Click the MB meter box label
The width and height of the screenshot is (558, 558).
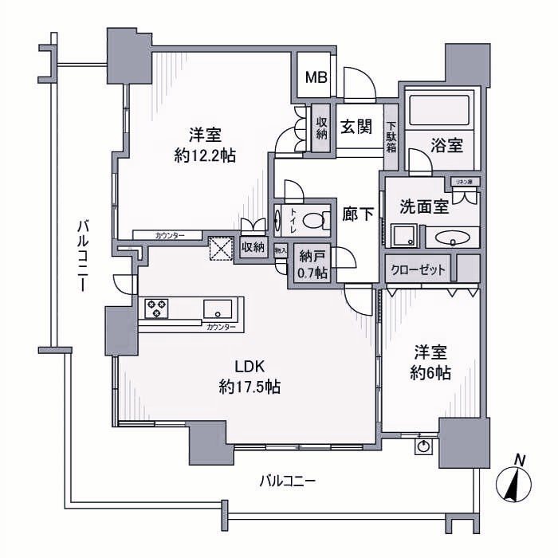coord(315,78)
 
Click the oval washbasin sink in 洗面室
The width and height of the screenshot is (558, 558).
coord(450,238)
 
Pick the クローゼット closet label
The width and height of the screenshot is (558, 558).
coord(418,269)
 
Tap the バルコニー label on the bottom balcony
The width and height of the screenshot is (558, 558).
coord(288,481)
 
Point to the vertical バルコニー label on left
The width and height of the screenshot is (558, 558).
coord(81,255)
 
